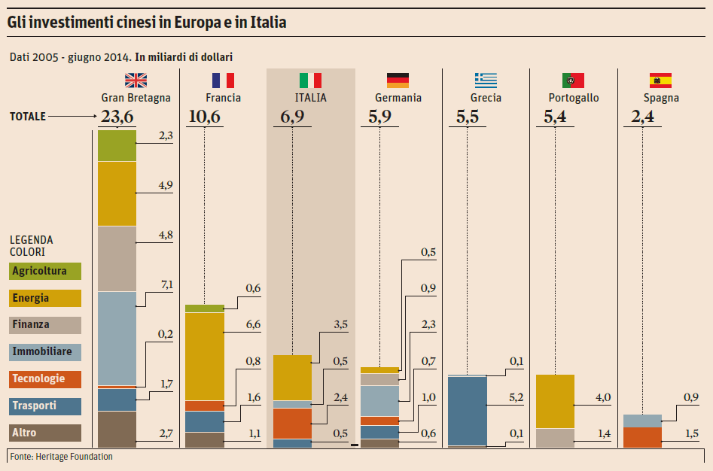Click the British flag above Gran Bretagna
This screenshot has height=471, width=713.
[136, 81]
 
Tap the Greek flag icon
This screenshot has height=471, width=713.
[486, 81]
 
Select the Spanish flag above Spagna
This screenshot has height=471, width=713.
[660, 81]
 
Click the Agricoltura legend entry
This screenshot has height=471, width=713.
[45, 272]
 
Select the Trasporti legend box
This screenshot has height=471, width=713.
[45, 406]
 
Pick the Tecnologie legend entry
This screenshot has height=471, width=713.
[45, 379]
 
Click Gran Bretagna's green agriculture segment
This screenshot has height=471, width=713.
[117, 145]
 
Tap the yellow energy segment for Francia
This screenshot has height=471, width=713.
[205, 356]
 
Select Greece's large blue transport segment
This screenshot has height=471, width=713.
[468, 411]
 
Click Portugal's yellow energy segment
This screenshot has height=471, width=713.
[555, 401]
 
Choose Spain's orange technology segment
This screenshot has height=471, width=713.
[642, 437]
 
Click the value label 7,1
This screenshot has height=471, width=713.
[166, 284]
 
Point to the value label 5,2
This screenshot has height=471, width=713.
[516, 397]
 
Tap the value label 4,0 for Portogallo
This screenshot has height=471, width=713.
[603, 397]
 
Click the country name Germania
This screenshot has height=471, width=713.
[398, 98]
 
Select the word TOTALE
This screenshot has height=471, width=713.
[28, 117]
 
